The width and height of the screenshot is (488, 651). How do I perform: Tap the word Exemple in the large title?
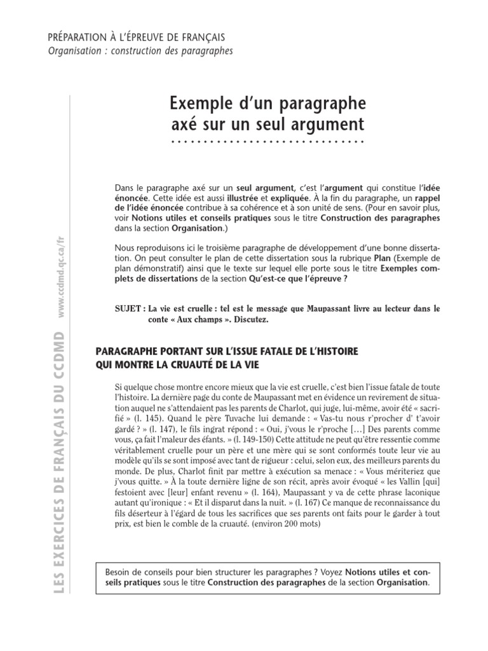pyautogui.click(x=198, y=103)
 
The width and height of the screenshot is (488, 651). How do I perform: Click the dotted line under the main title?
pyautogui.click(x=267, y=141)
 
